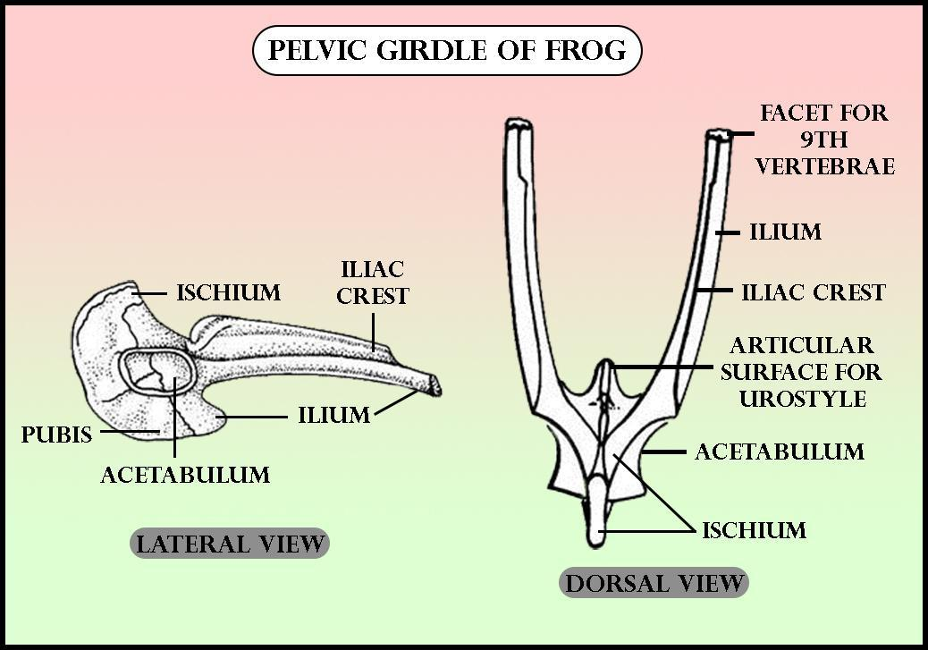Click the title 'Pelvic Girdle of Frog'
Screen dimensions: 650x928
[x=447, y=50]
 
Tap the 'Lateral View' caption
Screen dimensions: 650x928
[x=230, y=543]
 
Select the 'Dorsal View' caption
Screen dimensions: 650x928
[x=655, y=584]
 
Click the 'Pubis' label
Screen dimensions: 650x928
[x=57, y=435]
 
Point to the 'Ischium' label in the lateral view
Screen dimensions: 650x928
[x=228, y=292]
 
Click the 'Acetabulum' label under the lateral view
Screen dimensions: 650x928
[x=185, y=474]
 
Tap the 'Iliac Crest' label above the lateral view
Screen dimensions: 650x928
[x=372, y=283]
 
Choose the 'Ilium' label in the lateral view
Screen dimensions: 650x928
[x=333, y=415]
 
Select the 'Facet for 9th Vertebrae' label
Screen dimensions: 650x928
[x=824, y=139]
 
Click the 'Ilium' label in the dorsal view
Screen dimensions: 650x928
[x=785, y=232]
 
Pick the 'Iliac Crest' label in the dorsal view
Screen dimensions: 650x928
[x=814, y=292]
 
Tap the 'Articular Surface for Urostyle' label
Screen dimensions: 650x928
[x=800, y=371]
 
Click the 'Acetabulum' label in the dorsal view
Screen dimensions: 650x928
[x=780, y=452]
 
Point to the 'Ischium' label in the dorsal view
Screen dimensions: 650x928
[x=754, y=530]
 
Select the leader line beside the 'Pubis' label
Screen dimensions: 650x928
[x=125, y=432]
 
